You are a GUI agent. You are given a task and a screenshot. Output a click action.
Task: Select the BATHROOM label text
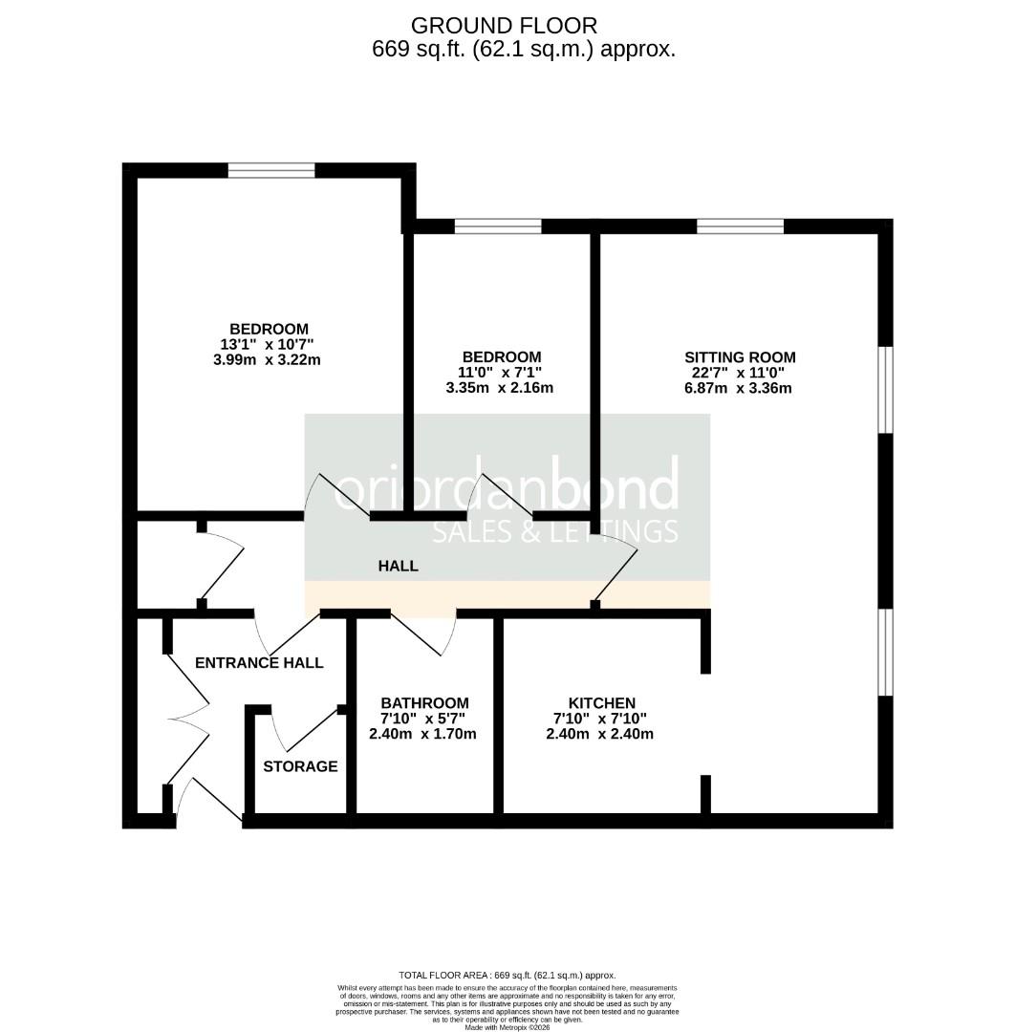pyautogui.click(x=424, y=702)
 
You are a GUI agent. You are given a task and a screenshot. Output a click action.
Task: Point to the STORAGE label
pyautogui.click(x=300, y=766)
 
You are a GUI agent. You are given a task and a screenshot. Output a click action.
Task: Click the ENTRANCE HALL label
pyautogui.click(x=259, y=662)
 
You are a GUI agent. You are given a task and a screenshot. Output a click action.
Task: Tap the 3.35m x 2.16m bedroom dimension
pyautogui.click(x=500, y=388)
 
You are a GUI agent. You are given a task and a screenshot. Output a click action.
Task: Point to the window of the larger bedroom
pyautogui.click(x=271, y=171)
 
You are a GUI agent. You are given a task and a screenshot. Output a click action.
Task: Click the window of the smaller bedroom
pyautogui.click(x=497, y=226)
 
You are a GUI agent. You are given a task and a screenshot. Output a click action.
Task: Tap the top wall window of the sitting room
pyautogui.click(x=740, y=226)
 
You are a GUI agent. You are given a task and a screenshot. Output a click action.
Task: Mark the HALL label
pyautogui.click(x=399, y=566)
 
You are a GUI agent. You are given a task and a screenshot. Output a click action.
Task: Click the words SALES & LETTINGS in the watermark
pyautogui.click(x=555, y=531)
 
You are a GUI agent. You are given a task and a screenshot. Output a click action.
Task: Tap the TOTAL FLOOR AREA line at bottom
pyautogui.click(x=507, y=974)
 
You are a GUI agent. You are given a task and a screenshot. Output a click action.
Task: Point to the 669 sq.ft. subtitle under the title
pyautogui.click(x=524, y=50)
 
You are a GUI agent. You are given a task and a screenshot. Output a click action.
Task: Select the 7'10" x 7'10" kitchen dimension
pyautogui.click(x=599, y=719)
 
